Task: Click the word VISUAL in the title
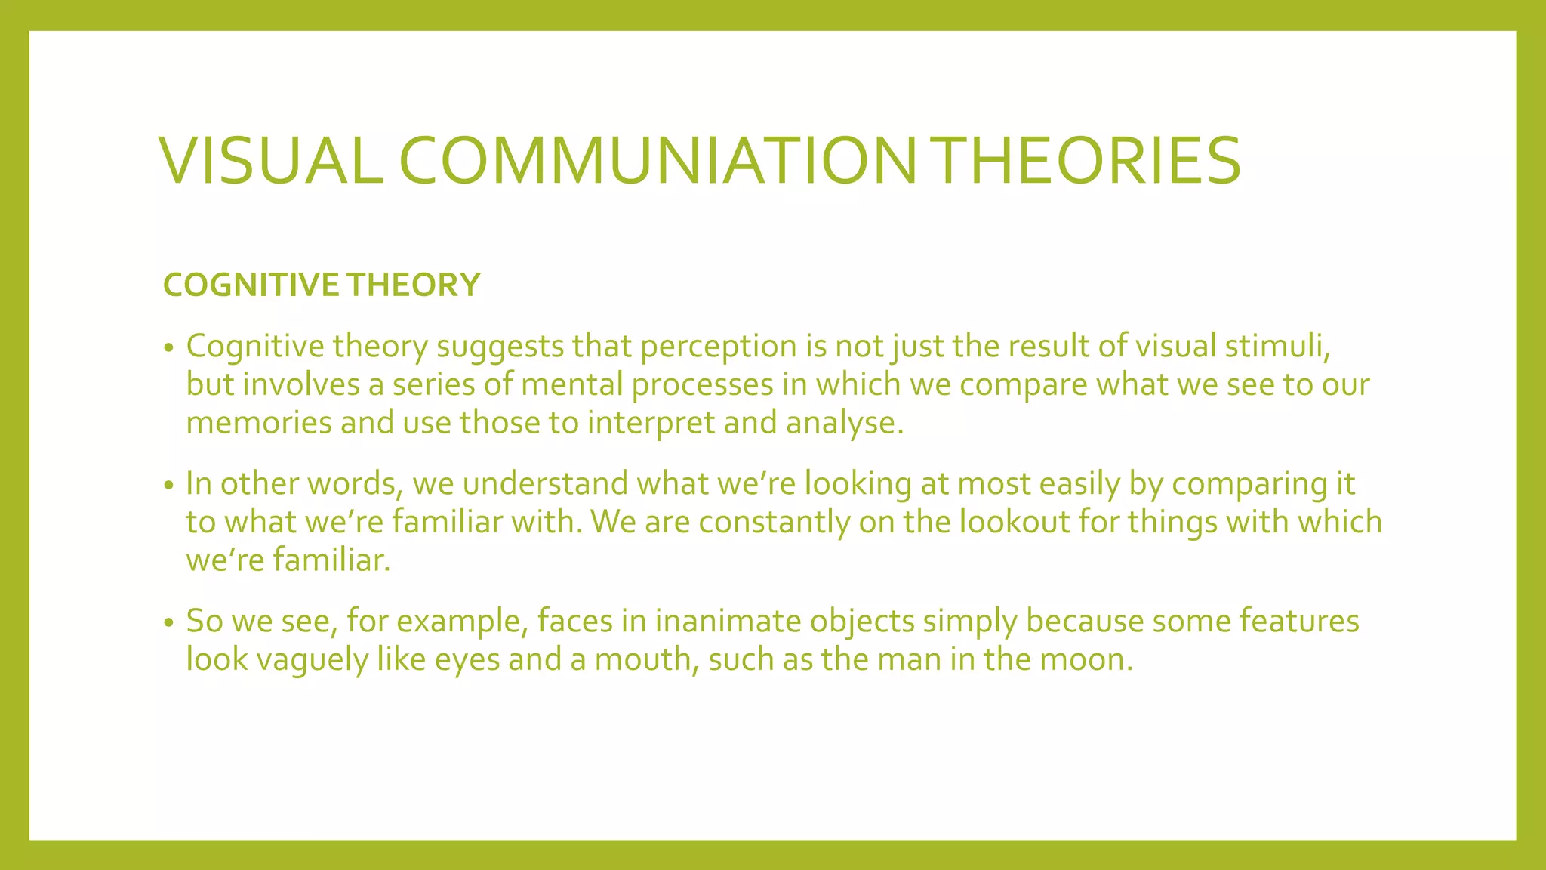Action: [x=271, y=161]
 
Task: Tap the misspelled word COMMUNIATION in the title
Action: [x=657, y=161]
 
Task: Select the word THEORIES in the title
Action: [x=1079, y=161]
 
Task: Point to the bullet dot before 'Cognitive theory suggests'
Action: [x=169, y=348]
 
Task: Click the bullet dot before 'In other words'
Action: [x=169, y=486]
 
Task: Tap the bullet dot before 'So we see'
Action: [x=169, y=623]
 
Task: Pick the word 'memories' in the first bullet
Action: [x=259, y=423]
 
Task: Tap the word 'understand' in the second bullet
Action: [x=545, y=484]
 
